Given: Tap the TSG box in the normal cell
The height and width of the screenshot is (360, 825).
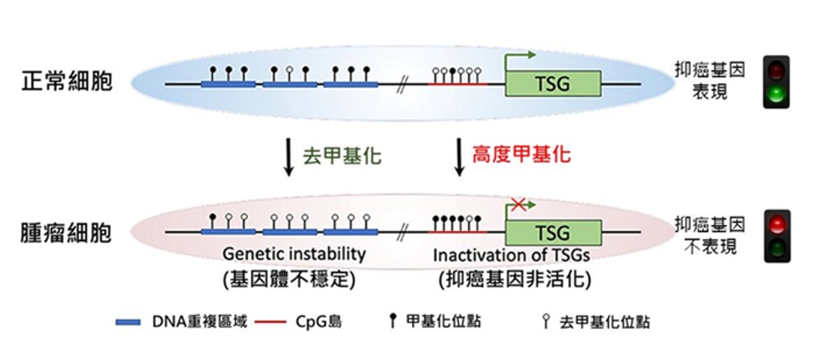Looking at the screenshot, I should click(x=552, y=84).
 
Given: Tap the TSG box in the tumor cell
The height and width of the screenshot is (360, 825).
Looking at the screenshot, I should click(x=552, y=231).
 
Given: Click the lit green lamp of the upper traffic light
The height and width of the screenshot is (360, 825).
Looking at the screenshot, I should click(x=776, y=92).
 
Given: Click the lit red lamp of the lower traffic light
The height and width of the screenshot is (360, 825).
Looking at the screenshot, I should click(x=776, y=223).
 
